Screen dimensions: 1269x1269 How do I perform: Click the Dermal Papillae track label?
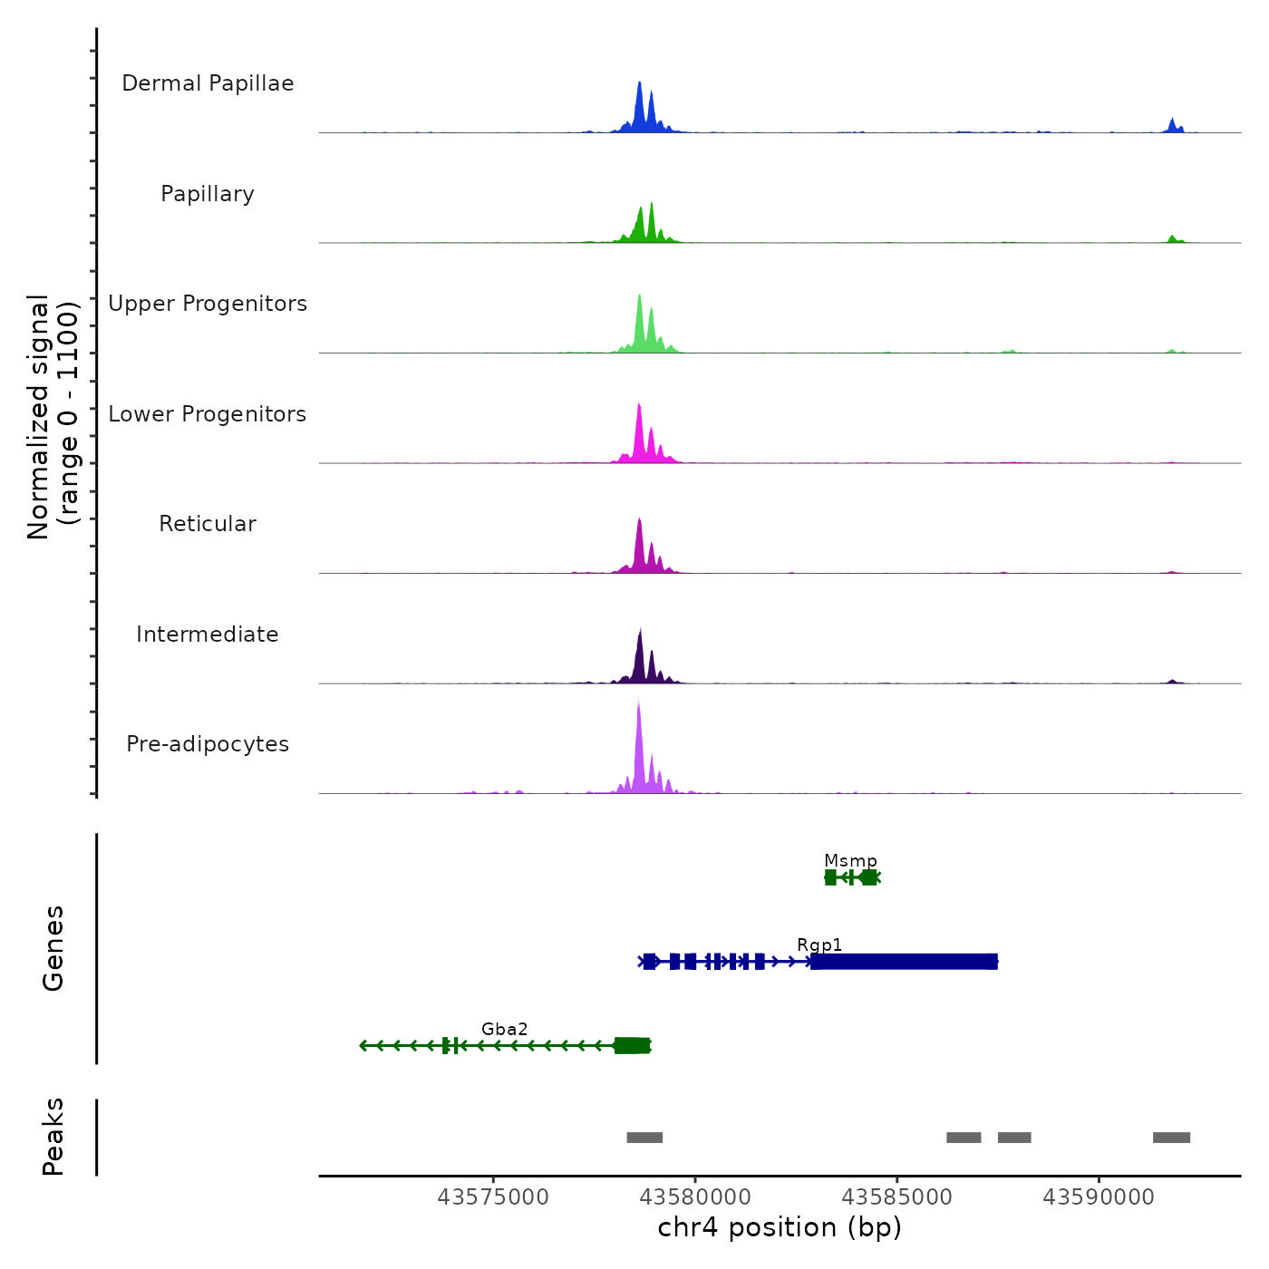click(x=208, y=83)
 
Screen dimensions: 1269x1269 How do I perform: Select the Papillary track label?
click(x=208, y=194)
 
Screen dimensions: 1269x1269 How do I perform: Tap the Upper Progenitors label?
click(x=208, y=304)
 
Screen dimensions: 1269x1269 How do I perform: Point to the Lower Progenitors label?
click(x=208, y=414)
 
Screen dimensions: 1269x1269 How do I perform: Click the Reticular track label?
click(x=208, y=524)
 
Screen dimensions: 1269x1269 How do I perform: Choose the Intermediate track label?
click(x=208, y=634)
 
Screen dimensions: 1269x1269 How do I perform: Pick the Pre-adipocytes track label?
click(x=208, y=744)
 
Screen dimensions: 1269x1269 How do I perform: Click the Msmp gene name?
click(x=850, y=860)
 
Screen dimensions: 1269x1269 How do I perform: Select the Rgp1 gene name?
click(x=819, y=944)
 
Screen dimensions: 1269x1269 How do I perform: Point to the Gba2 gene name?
click(x=504, y=1029)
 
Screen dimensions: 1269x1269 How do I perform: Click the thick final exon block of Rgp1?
click(x=905, y=962)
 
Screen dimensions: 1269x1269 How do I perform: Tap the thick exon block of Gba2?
click(x=632, y=1046)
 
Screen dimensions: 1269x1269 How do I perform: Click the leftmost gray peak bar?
click(x=644, y=1138)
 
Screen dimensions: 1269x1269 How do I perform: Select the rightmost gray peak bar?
click(x=1171, y=1138)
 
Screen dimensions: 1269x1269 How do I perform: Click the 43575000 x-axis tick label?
click(x=493, y=1197)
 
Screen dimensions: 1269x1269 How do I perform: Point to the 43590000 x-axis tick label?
click(x=1099, y=1197)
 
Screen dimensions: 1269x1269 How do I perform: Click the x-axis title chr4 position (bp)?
click(x=780, y=1227)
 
